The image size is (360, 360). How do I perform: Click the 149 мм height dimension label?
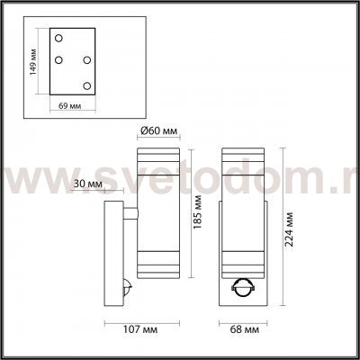[x=32, y=62]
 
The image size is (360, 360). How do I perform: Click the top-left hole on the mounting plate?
[x=58, y=40]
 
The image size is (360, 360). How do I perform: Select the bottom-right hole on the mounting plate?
[x=87, y=85]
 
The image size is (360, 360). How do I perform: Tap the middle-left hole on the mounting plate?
[x=58, y=61]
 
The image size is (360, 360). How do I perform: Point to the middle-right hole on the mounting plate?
[x=87, y=61]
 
